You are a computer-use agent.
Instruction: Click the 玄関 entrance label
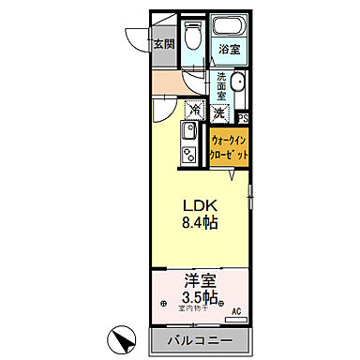click(x=164, y=41)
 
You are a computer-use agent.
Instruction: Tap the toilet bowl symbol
click(x=191, y=37)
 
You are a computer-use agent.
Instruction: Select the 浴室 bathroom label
click(x=228, y=48)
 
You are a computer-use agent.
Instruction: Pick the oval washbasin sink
click(x=237, y=85)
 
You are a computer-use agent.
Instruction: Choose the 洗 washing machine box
click(x=218, y=112)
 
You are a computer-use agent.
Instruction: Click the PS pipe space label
click(x=242, y=118)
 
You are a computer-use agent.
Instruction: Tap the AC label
click(x=236, y=312)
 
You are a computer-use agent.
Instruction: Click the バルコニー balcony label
click(x=200, y=338)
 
